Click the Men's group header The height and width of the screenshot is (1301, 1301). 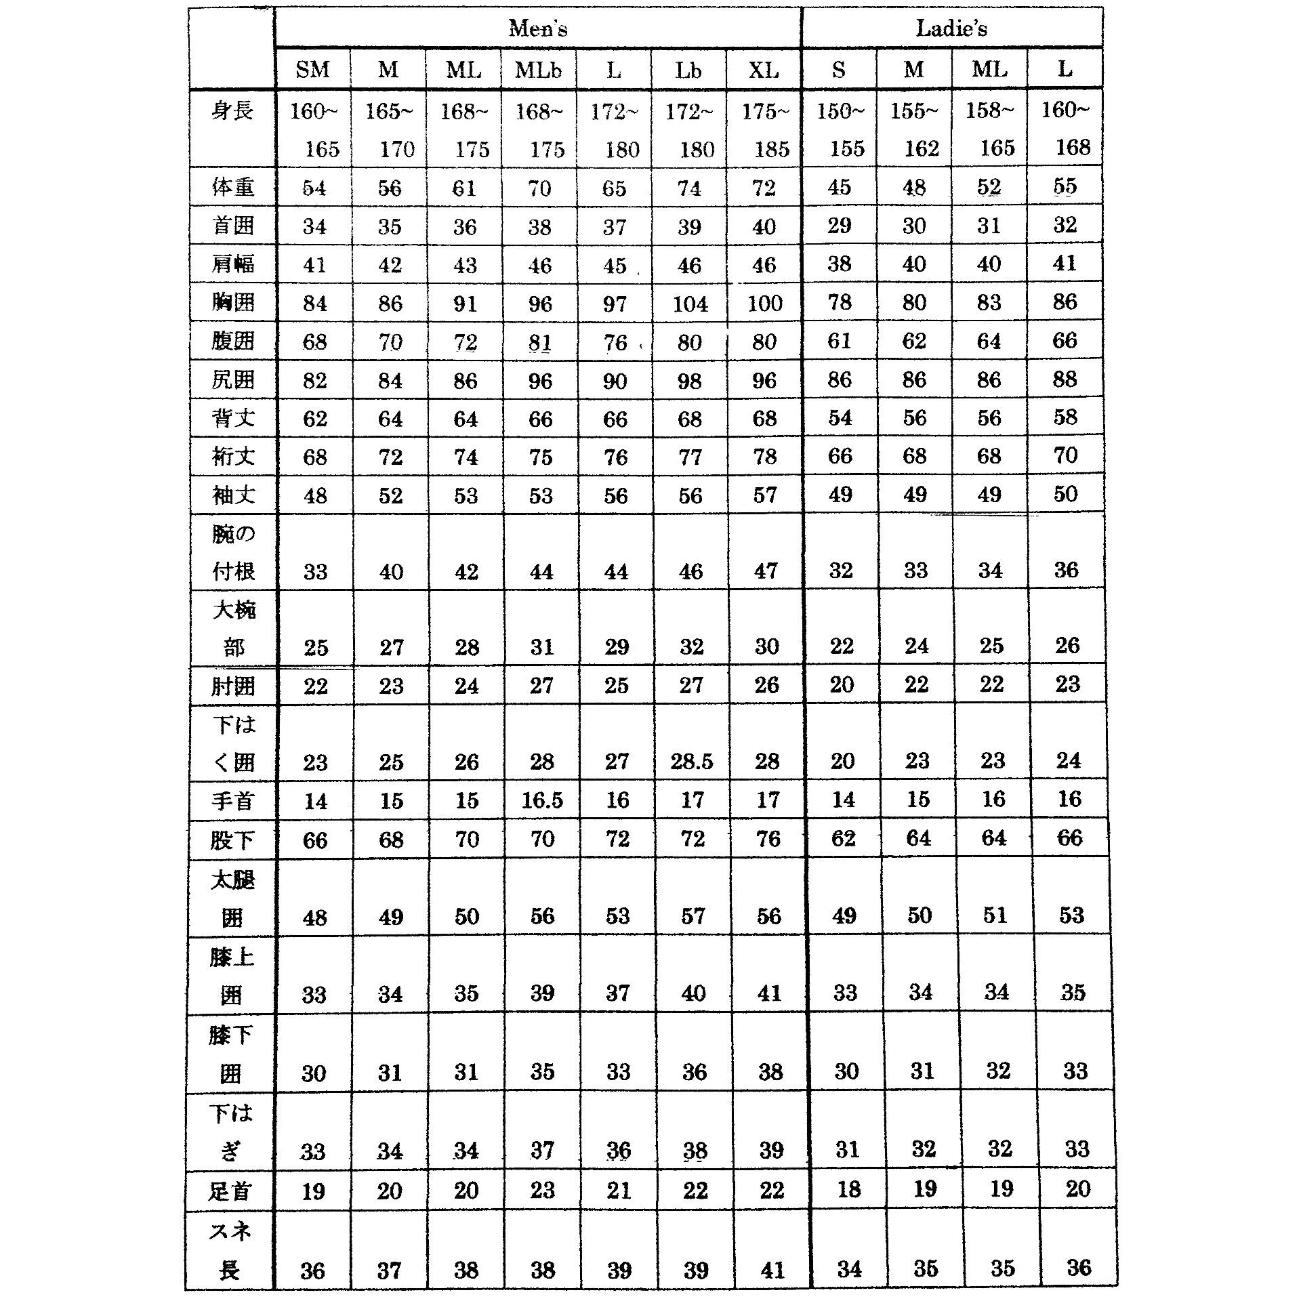coord(538,28)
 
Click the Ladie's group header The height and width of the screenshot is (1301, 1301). coord(951,28)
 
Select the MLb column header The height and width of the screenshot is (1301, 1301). coord(538,70)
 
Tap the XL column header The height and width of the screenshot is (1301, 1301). coord(764,70)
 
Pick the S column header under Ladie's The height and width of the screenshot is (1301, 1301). coord(839,70)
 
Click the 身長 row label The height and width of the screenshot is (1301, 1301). coord(232,110)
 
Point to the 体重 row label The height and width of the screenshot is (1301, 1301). coord(232,187)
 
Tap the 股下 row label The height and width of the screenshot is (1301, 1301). coord(232,840)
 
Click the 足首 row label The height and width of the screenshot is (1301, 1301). coord(230,1191)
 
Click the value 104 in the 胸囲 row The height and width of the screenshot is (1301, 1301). coord(690,304)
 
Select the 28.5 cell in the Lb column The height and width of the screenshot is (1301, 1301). coord(692,762)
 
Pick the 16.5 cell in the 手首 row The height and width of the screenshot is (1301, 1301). coord(542,801)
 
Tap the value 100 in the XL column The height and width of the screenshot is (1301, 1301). coord(765,304)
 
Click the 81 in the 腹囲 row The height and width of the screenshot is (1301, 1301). coord(540,342)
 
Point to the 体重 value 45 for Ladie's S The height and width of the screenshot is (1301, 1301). coord(839,187)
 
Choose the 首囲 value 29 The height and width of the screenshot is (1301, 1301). coord(839,226)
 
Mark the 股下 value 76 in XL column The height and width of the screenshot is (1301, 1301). coord(768,840)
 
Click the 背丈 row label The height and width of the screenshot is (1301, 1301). coord(232,418)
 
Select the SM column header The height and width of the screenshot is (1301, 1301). coord(313,70)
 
